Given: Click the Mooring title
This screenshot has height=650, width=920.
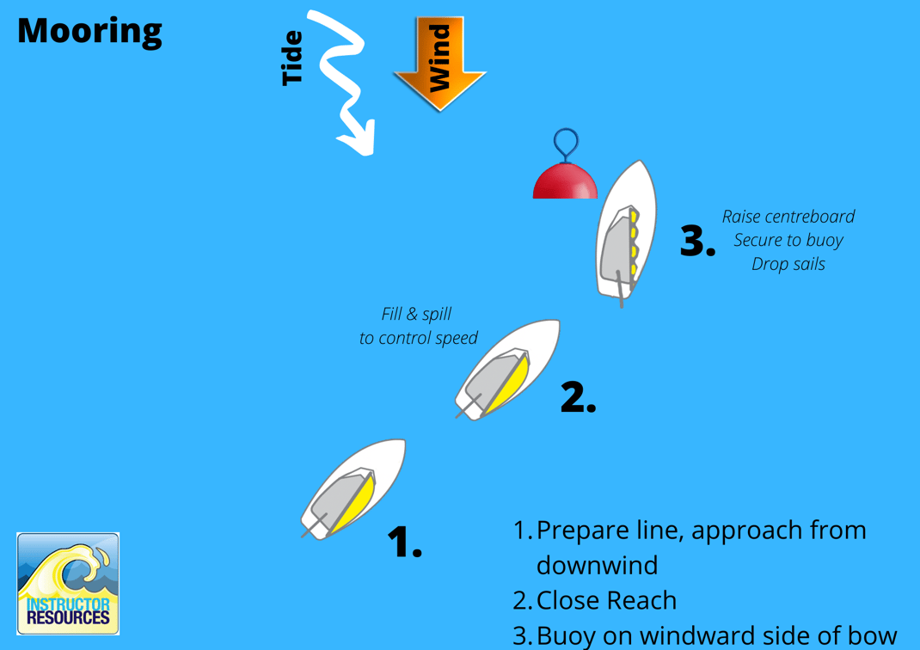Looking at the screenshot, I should point(89,31).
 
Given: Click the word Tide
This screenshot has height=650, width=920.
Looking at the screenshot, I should point(293,58).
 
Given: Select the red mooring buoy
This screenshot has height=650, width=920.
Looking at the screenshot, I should point(565,181).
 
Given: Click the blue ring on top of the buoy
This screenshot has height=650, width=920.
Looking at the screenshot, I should point(565,142).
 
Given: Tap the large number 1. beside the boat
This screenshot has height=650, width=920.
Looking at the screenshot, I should point(404,542).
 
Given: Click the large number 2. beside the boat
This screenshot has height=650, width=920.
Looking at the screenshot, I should point(578,396).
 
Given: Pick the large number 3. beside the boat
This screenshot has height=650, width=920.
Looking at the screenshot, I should point(697,242).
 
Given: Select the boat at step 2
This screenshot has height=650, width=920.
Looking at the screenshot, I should point(508,369).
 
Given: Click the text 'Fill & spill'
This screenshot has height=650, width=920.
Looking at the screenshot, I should point(416,314).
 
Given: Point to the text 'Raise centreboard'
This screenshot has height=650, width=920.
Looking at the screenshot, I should point(788,217).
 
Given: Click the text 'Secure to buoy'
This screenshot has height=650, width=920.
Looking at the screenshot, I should point(788,240).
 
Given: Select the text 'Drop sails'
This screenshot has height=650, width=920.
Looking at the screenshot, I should point(788,264).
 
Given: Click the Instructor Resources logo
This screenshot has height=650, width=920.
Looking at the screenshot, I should point(68,584).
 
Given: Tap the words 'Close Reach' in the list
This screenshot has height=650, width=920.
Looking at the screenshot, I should point(606,600).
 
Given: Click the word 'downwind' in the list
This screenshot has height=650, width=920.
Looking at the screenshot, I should point(597,565).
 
